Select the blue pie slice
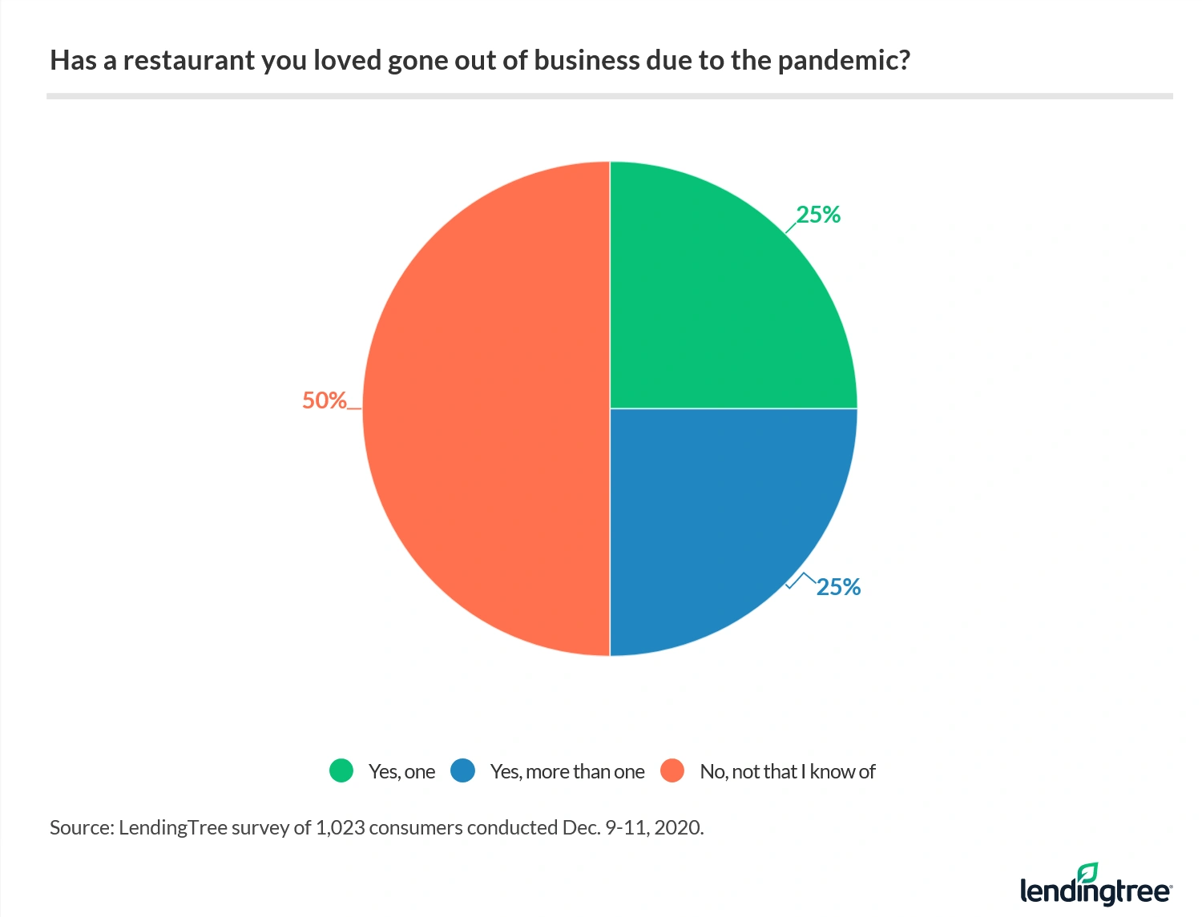pyautogui.click(x=721, y=513)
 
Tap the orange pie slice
pyautogui.click(x=481, y=408)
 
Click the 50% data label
pyautogui.click(x=324, y=400)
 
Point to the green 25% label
pyautogui.click(x=818, y=215)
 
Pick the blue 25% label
pyautogui.click(x=838, y=587)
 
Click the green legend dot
pyautogui.click(x=341, y=771)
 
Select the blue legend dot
pyautogui.click(x=463, y=771)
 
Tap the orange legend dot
pyautogui.click(x=672, y=771)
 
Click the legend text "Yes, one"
pyautogui.click(x=401, y=772)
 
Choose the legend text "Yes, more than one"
pyautogui.click(x=567, y=772)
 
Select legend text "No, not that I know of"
pyautogui.click(x=788, y=772)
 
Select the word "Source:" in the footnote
pyautogui.click(x=82, y=828)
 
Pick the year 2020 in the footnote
pyautogui.click(x=677, y=828)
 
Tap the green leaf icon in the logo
pyautogui.click(x=1087, y=872)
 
